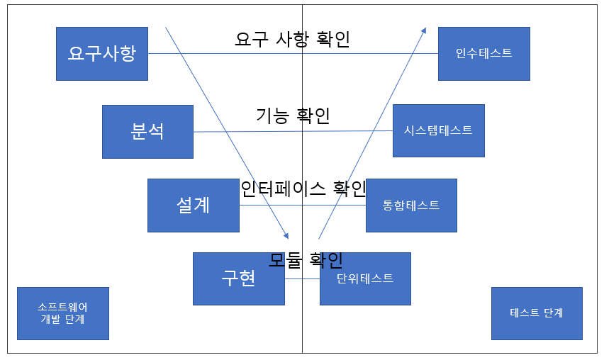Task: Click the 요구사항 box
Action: click(x=102, y=54)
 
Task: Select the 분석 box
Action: click(x=147, y=132)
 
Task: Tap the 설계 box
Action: click(x=193, y=206)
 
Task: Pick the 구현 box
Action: click(x=239, y=279)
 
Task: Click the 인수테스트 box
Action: click(x=483, y=54)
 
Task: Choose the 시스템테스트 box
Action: click(x=438, y=130)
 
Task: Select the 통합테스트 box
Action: click(x=411, y=206)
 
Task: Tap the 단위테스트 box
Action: click(x=365, y=279)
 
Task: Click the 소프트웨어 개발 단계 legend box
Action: click(x=62, y=313)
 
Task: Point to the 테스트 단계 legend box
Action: click(x=537, y=313)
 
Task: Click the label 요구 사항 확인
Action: click(x=292, y=39)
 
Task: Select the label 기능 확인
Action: click(x=293, y=115)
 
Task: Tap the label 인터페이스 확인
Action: click(x=303, y=189)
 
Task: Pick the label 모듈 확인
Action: click(x=306, y=260)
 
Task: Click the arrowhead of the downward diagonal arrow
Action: click(x=286, y=236)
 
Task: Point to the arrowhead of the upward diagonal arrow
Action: click(x=424, y=30)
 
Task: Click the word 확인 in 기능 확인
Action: click(x=314, y=115)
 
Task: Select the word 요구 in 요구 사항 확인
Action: click(x=250, y=39)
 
